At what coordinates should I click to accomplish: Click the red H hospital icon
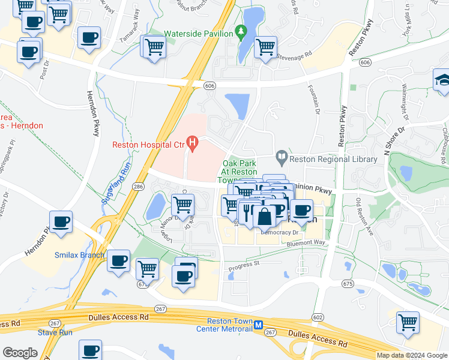pos(192,143)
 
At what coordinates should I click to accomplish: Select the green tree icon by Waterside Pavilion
pos(241,30)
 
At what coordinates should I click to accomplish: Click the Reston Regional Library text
pos(333,159)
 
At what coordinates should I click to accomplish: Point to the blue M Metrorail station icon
pos(258,325)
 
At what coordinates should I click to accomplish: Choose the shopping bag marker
pos(264,216)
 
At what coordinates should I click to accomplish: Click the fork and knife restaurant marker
pos(248,211)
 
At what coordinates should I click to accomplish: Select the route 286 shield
pos(138,187)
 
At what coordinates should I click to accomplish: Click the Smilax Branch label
pos(80,255)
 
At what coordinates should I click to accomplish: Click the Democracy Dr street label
pos(279,232)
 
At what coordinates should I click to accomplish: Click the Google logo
pos(20,353)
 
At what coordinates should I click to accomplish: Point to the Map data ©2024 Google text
pos(411,355)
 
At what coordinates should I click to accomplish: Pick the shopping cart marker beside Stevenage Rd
pos(265,46)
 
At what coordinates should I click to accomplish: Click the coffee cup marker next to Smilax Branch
pos(119,261)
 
